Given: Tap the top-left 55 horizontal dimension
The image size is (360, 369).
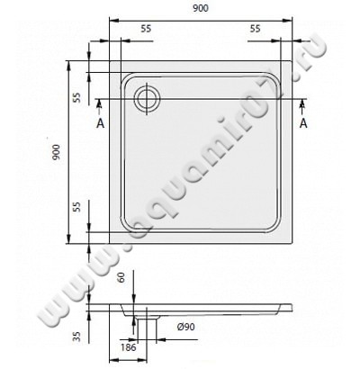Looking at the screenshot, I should coord(146,29).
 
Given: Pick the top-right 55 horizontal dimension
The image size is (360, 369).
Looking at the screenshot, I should coord(256,29).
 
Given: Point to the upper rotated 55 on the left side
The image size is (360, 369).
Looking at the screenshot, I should coord(76,97).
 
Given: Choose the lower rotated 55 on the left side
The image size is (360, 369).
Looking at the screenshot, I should coord(76,206).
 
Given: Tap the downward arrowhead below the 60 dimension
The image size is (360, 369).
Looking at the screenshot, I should coord(133,301).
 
